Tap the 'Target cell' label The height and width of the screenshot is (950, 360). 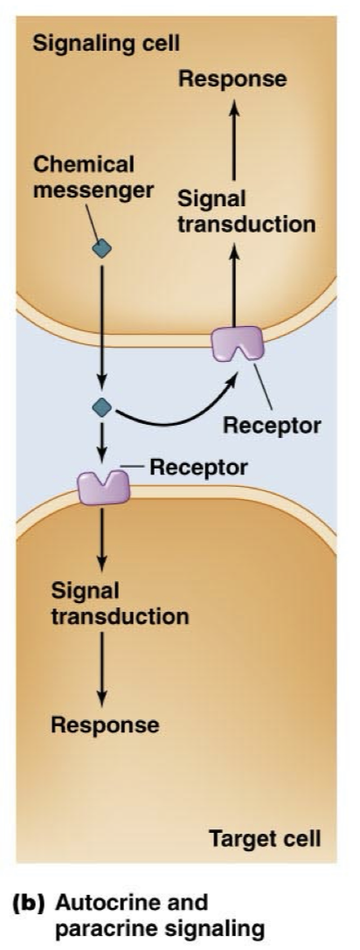coord(266,840)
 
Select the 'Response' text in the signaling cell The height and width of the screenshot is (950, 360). coord(232,79)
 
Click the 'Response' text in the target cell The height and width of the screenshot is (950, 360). coord(105,725)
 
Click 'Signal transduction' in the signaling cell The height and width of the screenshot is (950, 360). coord(246,211)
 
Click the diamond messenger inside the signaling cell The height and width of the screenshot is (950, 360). coord(102,249)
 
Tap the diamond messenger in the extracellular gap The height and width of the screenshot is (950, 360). coord(102,406)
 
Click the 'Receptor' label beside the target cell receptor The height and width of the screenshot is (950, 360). coord(199,467)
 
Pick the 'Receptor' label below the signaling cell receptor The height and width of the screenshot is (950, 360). coord(272,426)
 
